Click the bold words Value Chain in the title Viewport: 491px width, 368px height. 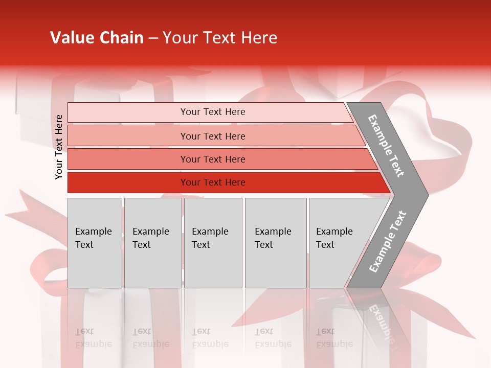(x=97, y=38)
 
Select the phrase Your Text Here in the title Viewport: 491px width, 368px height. (x=220, y=38)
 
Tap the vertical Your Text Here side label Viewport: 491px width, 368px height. (x=59, y=147)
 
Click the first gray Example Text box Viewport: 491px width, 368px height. (x=95, y=243)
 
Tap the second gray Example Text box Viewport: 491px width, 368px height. (x=153, y=243)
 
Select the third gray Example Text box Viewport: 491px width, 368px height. (x=213, y=243)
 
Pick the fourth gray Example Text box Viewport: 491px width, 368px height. (x=276, y=243)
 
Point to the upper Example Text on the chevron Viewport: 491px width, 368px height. (x=386, y=146)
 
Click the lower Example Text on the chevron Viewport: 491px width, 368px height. (x=388, y=242)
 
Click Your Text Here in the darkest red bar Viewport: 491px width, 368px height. (x=213, y=182)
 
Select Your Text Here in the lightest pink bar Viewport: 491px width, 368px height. (x=213, y=112)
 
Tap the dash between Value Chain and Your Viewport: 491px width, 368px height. (x=153, y=38)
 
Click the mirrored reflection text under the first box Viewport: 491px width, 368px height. (x=94, y=338)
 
